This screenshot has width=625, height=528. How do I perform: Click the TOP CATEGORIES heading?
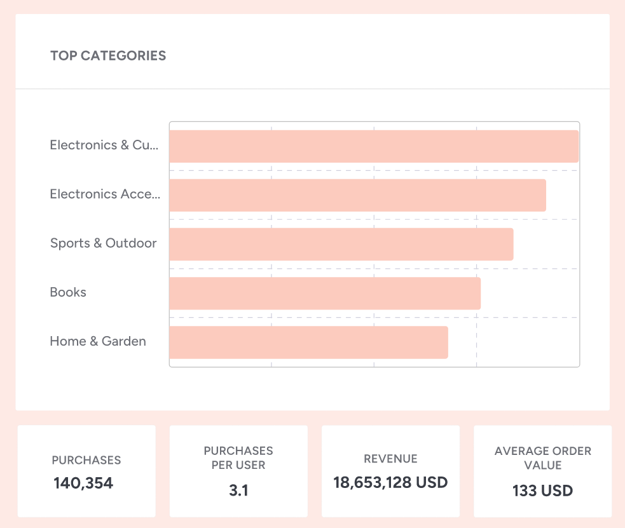[108, 56]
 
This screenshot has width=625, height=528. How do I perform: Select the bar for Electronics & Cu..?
[374, 147]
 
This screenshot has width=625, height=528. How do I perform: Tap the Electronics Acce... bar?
[357, 195]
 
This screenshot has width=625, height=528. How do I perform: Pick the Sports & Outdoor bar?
[341, 244]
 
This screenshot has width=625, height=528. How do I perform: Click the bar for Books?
[324, 293]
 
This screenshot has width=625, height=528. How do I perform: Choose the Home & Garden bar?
[308, 342]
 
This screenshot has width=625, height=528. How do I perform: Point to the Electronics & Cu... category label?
[104, 145]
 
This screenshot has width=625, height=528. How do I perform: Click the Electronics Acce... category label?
[105, 194]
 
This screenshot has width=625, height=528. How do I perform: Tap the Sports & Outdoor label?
[103, 243]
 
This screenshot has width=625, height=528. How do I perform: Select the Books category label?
[68, 292]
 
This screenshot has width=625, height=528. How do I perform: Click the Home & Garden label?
[98, 341]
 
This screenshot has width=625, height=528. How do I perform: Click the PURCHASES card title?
[86, 460]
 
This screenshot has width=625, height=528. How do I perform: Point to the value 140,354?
[83, 483]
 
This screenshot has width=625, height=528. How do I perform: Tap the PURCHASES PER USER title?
[238, 457]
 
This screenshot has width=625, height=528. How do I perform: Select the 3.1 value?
[238, 490]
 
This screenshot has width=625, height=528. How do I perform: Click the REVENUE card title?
[390, 459]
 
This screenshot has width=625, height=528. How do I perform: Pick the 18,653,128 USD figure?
[390, 482]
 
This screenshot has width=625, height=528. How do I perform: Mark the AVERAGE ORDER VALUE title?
[543, 457]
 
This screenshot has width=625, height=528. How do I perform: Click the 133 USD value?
[543, 491]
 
